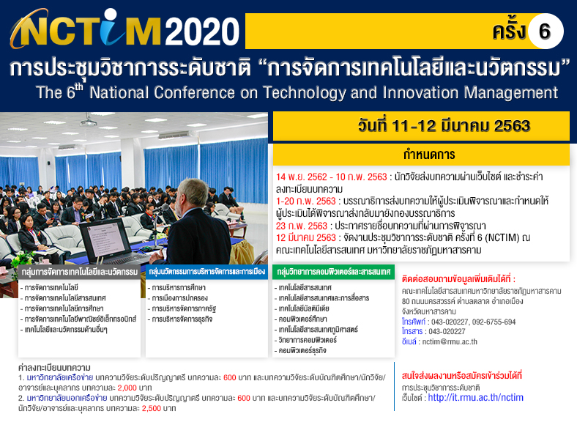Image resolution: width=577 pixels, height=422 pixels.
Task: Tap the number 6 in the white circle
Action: click(x=545, y=32)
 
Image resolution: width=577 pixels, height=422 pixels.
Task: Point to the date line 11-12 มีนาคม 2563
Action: click(x=444, y=126)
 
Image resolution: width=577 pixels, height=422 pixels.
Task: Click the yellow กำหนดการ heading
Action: click(x=429, y=155)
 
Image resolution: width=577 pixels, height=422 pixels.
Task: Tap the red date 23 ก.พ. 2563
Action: click(x=302, y=226)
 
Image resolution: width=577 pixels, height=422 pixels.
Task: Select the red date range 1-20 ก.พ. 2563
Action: click(x=306, y=201)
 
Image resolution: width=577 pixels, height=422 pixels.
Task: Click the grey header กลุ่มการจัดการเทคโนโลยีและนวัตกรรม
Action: click(x=80, y=272)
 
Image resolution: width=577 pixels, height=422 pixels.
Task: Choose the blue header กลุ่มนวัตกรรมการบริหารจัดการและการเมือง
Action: click(x=206, y=272)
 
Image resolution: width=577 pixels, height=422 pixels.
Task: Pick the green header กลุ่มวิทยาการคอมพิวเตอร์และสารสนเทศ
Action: click(x=333, y=272)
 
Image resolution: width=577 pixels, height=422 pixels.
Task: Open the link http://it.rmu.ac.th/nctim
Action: click(x=475, y=398)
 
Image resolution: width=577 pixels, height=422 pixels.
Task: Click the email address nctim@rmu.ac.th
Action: click(x=450, y=341)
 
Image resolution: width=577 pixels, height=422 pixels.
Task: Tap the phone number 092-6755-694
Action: click(x=494, y=322)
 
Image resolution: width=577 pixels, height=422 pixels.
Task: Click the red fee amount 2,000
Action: click(x=127, y=388)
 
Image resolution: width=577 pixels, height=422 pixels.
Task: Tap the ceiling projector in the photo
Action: click(x=89, y=120)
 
